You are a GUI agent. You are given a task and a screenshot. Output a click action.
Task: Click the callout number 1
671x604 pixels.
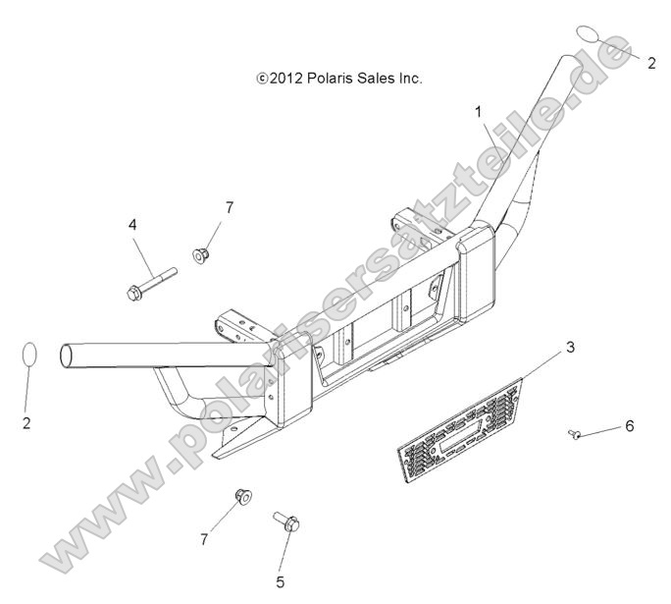(x=478, y=112)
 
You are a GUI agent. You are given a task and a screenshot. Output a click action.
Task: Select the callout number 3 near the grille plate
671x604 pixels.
(x=570, y=348)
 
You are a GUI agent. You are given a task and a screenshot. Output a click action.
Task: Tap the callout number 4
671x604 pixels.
(x=132, y=225)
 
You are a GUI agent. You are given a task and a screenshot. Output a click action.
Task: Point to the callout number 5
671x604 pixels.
(x=281, y=581)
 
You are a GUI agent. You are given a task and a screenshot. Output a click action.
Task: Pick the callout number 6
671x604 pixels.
(x=630, y=426)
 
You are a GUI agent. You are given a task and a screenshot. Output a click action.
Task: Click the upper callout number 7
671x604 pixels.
(x=230, y=208)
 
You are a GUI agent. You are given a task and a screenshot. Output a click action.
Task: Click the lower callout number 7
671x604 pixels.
(x=204, y=540)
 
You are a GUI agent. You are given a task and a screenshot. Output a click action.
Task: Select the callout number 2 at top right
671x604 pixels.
(x=651, y=64)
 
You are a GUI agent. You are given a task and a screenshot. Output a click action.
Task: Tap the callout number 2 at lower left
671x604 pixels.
(x=26, y=423)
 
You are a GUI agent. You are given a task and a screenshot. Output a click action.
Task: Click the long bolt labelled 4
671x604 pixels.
(x=152, y=284)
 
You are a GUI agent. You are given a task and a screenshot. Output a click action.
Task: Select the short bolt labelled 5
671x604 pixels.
(x=286, y=522)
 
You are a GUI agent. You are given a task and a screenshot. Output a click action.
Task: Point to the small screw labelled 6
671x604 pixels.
(x=574, y=434)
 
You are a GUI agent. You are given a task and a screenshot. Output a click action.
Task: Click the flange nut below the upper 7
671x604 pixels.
(x=200, y=255)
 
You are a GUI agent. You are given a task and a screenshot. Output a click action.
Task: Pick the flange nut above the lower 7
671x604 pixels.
(x=243, y=497)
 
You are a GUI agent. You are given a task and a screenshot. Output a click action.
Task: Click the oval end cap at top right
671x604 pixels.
(x=590, y=33)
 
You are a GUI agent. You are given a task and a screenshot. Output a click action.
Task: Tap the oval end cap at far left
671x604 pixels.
(x=29, y=356)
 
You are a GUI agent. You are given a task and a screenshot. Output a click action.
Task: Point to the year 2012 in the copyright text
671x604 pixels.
(x=285, y=79)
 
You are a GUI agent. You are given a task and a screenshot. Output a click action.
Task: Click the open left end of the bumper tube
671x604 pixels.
(x=67, y=356)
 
